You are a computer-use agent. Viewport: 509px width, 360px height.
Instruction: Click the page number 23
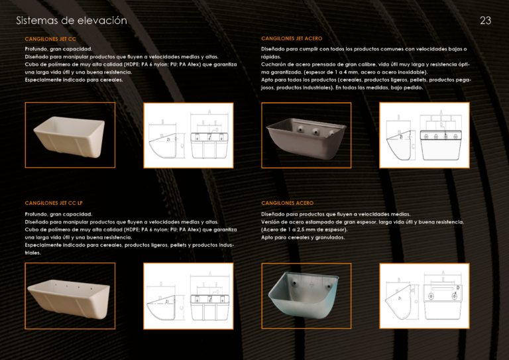click(x=485, y=21)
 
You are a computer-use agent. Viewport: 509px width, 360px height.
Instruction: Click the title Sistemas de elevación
click(x=72, y=21)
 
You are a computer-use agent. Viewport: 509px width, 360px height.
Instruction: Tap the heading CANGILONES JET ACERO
click(x=292, y=38)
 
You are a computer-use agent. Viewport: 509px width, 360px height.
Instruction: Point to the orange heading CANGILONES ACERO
click(x=288, y=203)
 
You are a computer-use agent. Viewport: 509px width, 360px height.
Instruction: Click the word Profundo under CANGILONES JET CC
click(x=36, y=49)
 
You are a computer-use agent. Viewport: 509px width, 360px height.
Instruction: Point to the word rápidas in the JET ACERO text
click(x=271, y=57)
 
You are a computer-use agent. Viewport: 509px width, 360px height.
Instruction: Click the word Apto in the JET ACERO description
click(x=267, y=80)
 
